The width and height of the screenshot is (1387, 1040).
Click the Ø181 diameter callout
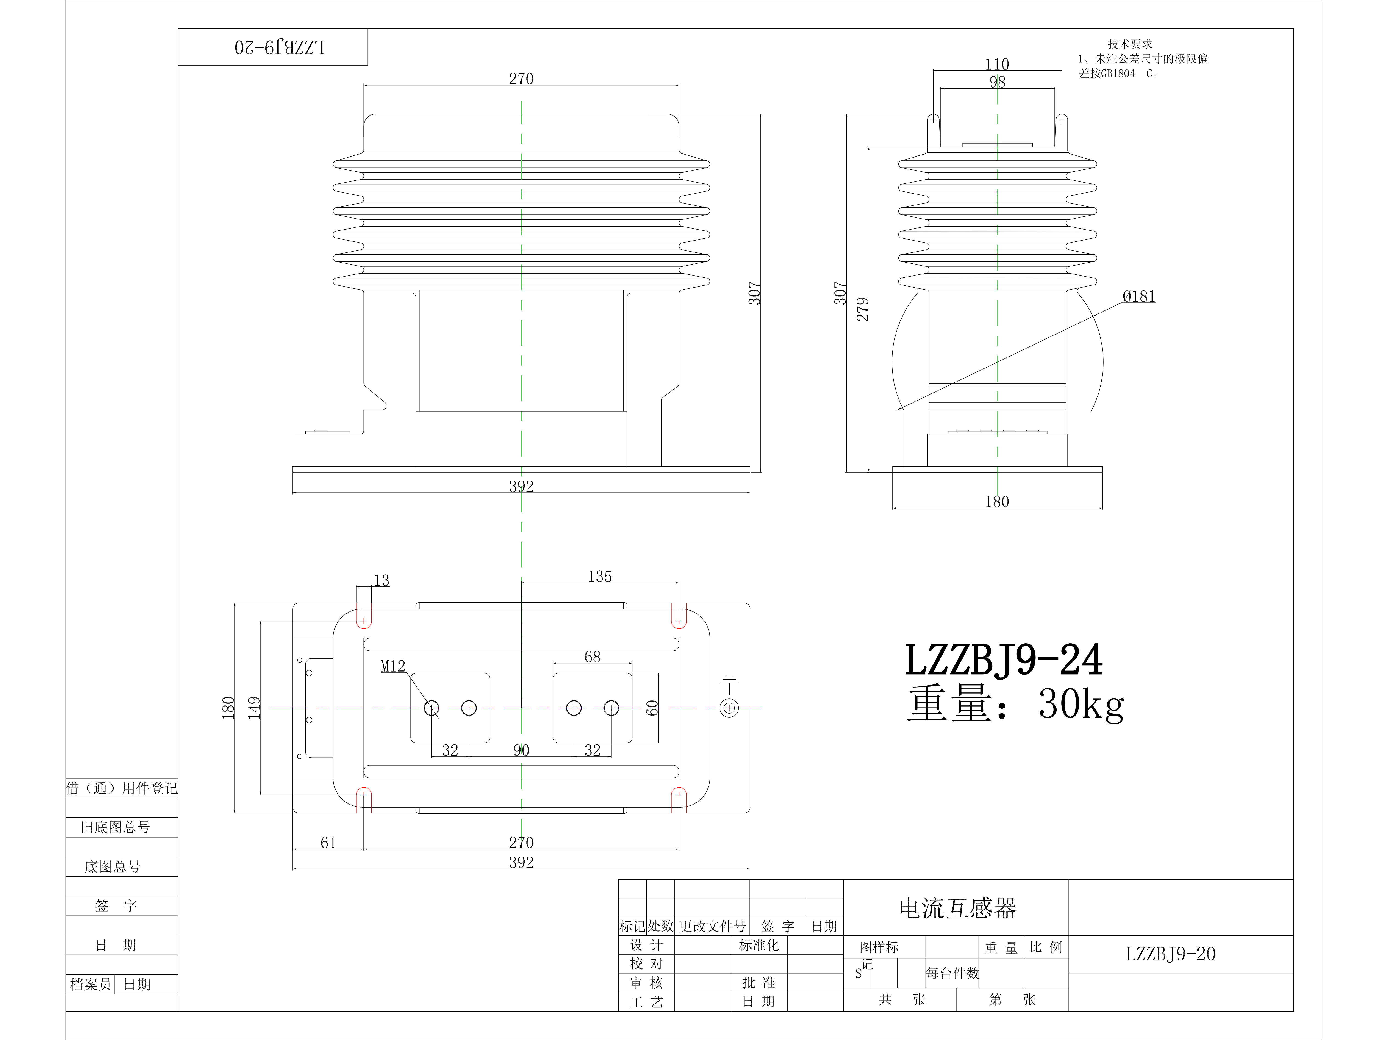click(1139, 296)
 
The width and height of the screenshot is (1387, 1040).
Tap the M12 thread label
click(393, 666)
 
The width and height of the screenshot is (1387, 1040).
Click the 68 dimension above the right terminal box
click(592, 657)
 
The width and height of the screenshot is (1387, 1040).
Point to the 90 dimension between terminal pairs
click(521, 750)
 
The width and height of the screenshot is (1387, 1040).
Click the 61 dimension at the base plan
click(328, 843)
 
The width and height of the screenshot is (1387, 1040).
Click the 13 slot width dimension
click(381, 581)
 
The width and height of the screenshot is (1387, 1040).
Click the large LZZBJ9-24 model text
click(1003, 660)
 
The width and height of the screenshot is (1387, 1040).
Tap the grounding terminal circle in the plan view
click(729, 708)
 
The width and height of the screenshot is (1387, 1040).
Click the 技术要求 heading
click(1129, 44)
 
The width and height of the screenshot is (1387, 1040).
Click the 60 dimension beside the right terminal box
click(652, 708)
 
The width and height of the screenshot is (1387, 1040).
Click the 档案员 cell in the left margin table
click(90, 984)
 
